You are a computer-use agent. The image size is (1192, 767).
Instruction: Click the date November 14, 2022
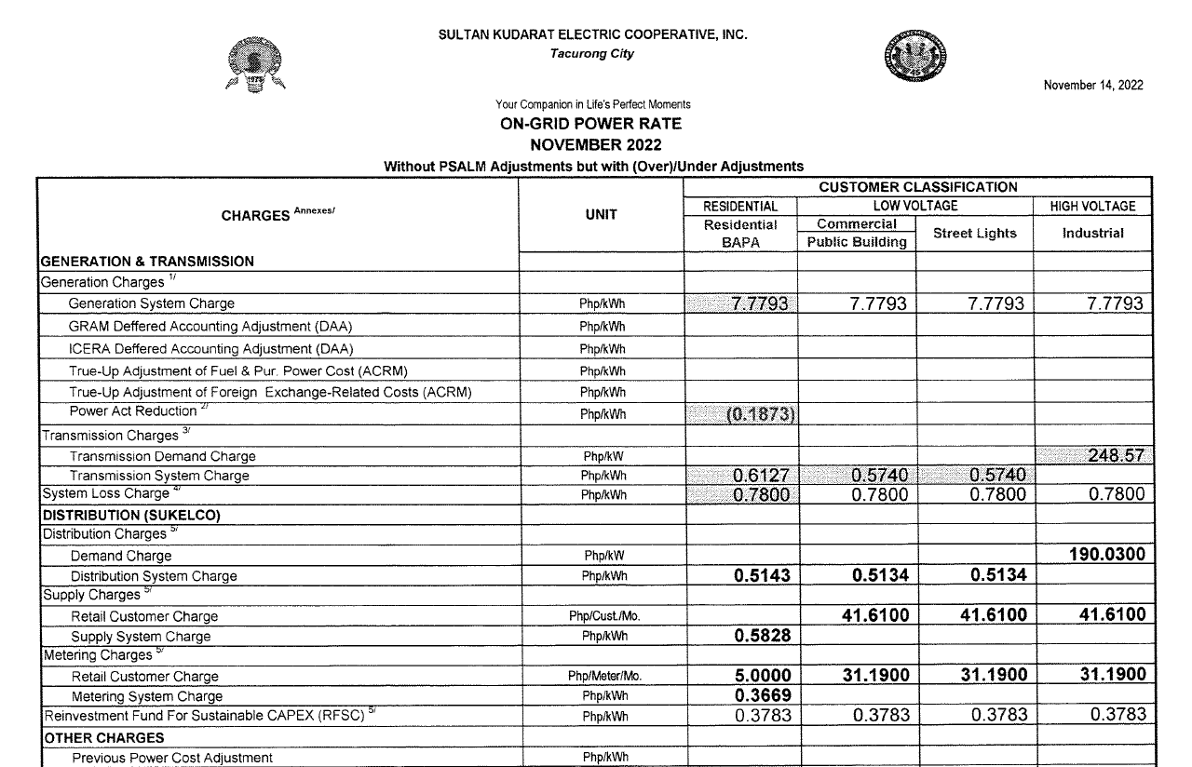[1093, 86]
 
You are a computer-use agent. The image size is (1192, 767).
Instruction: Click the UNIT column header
[601, 215]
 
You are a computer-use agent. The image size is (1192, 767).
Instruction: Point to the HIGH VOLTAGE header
[1092, 207]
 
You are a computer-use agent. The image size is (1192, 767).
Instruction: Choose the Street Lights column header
[974, 234]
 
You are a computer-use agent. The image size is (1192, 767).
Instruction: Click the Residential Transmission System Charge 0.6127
[761, 476]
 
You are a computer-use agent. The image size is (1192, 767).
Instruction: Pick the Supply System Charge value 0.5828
[761, 637]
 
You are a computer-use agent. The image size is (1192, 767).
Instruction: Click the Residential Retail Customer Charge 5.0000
[761, 676]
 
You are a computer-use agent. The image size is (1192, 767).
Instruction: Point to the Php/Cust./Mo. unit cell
[603, 616]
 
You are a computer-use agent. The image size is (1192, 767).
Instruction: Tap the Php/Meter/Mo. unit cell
[603, 677]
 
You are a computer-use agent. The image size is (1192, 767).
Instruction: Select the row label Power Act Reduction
[133, 411]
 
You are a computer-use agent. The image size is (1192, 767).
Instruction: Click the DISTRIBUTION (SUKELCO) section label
[130, 516]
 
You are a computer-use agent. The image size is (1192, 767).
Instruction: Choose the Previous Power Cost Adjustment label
[172, 758]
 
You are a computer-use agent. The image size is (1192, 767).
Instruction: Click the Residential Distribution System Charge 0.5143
[761, 576]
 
